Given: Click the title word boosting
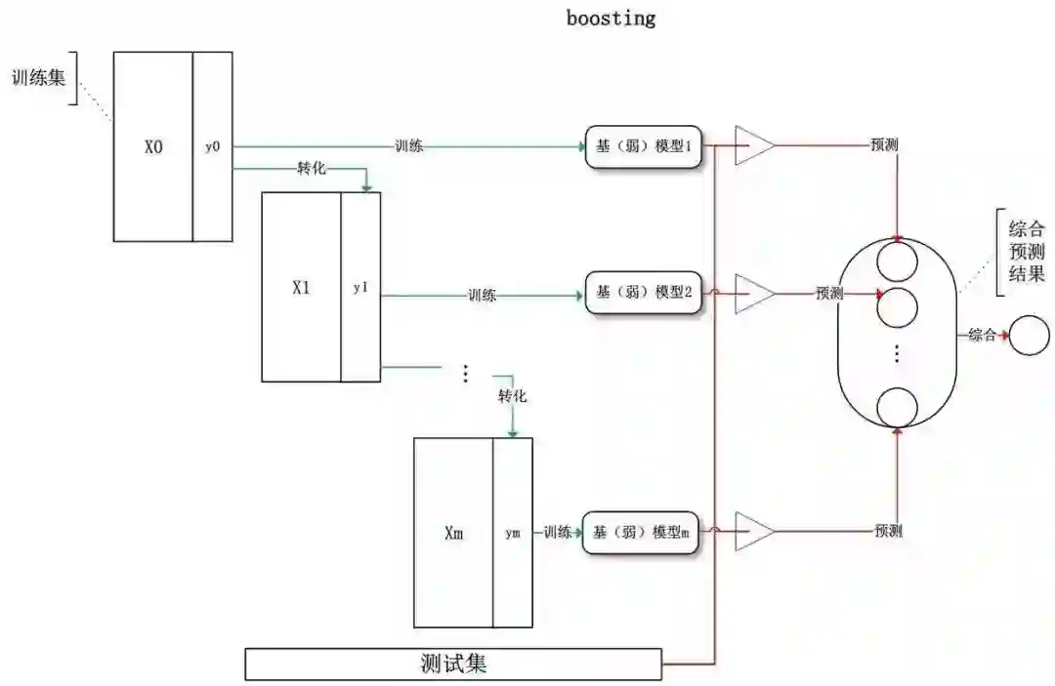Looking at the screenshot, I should pos(611,18).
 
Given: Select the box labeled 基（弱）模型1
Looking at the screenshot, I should pos(645,147).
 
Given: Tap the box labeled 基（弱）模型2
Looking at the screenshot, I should pos(645,293).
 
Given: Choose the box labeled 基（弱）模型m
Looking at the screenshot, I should pos(642,533).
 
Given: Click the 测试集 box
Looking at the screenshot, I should pos(453,665).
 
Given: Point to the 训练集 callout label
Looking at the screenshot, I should pos(39,77).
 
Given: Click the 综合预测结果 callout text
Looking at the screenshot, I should pos(1026,252).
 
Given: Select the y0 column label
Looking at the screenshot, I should pos(213,147).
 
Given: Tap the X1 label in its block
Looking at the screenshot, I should pos(301,288).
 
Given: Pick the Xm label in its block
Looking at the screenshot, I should pos(453,534).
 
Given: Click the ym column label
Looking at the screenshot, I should pos(513,534).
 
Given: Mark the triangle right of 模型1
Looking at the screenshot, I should pos(753,146).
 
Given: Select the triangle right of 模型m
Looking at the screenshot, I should pos(753,532).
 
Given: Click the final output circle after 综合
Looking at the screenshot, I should pos(1028,336).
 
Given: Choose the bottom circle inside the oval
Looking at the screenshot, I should pos(897,408).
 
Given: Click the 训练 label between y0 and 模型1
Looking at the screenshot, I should pos(409,147).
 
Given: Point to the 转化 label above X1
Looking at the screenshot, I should pos(313,169).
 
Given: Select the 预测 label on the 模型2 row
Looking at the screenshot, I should pos(830,293).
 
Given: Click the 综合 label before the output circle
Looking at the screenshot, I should pos(982,336).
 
